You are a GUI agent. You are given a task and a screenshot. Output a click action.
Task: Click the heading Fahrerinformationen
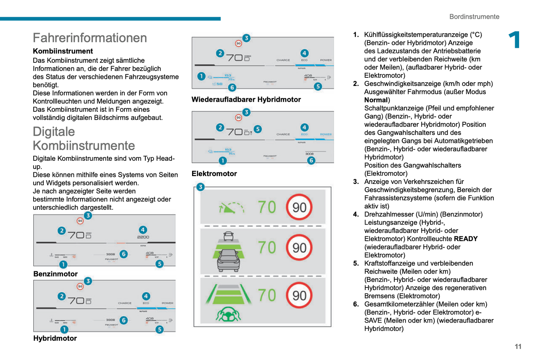pos(90,38)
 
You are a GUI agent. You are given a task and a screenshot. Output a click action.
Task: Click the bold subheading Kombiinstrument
pos(63,51)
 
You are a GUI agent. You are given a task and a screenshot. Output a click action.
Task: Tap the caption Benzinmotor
pos(55,274)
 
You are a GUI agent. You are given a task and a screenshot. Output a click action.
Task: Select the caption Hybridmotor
pos(55,338)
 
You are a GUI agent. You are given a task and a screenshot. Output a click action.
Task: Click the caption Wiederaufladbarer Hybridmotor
pos(246,99)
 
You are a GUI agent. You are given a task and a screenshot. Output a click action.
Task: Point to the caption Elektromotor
pos(214,173)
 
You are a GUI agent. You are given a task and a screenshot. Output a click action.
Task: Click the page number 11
pos(518,347)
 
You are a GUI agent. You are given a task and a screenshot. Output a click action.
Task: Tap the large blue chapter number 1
pos(515,40)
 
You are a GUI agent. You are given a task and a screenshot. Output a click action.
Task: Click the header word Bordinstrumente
pos(474,16)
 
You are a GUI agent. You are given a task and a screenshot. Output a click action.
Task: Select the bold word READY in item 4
pos(466,239)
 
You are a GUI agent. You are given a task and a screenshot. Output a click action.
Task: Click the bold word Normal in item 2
pos(376,100)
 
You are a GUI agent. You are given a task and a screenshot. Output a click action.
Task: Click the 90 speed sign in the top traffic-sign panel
pos(299,207)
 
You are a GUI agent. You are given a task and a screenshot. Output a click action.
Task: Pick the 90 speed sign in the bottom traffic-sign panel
pos(299,295)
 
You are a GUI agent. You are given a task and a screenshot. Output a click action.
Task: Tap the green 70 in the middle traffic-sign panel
pos(267,247)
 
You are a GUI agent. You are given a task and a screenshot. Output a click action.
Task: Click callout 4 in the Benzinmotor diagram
pos(143,230)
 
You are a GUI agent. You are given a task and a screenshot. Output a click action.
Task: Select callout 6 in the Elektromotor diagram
pos(311,160)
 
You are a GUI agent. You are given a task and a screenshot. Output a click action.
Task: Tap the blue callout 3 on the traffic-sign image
pos(200,187)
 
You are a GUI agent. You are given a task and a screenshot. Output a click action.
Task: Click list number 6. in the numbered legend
pos(356,304)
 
